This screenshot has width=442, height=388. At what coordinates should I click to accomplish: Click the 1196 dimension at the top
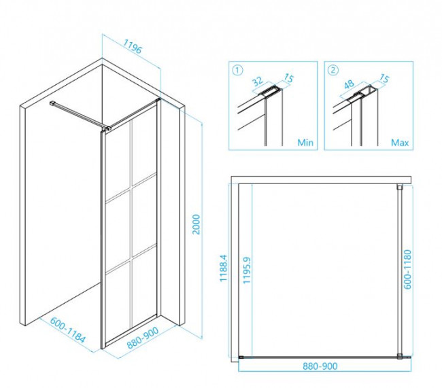pyautogui.click(x=132, y=46)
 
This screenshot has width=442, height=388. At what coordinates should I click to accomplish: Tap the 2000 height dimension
pyautogui.click(x=196, y=224)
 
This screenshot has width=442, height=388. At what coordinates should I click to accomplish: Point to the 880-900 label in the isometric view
pyautogui.click(x=143, y=338)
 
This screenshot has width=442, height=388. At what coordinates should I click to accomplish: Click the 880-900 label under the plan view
pyautogui.click(x=320, y=366)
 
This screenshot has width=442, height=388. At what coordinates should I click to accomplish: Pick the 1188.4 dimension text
pyautogui.click(x=223, y=268)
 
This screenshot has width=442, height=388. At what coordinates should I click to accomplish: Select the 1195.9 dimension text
pyautogui.click(x=247, y=270)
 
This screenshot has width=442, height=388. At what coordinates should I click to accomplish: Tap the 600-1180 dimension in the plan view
pyautogui.click(x=407, y=269)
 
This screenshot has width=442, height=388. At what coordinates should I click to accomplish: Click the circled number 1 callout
pyautogui.click(x=237, y=70)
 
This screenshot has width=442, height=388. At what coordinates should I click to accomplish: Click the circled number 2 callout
pyautogui.click(x=333, y=70)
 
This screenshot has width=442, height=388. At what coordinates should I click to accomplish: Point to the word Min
pyautogui.click(x=305, y=143)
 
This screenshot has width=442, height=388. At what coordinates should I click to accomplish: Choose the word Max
pyautogui.click(x=400, y=143)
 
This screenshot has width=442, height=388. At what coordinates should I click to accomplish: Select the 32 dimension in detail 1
pyautogui.click(x=257, y=81)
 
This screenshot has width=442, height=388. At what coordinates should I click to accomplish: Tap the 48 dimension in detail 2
pyautogui.click(x=349, y=84)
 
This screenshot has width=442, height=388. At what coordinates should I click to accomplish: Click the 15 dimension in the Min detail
pyautogui.click(x=288, y=78)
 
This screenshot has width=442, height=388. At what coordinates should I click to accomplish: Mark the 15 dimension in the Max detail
pyautogui.click(x=384, y=79)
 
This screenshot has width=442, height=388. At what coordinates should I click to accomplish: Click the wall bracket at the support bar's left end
pyautogui.click(x=53, y=103)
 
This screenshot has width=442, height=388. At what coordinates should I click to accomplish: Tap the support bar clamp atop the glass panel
pyautogui.click(x=109, y=129)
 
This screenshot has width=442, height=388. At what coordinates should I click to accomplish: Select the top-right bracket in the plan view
pyautogui.click(x=399, y=187)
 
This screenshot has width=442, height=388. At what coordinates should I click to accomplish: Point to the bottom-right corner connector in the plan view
pyautogui.click(x=400, y=357)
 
